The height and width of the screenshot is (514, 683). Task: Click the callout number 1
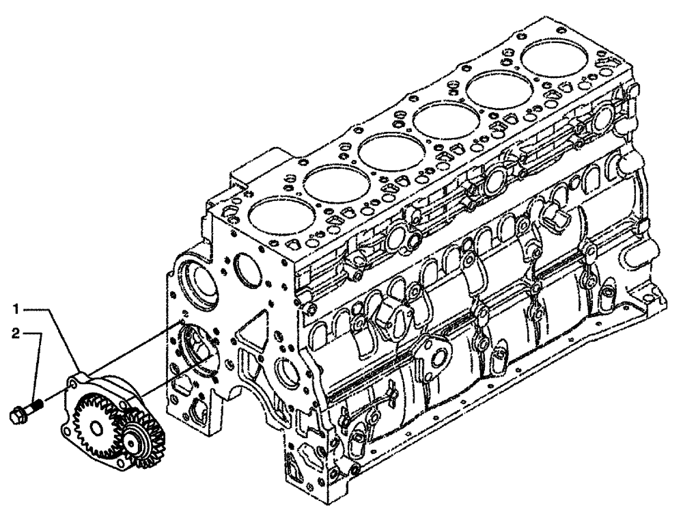tap(15, 309)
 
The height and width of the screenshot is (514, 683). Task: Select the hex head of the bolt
tap(18, 413)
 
